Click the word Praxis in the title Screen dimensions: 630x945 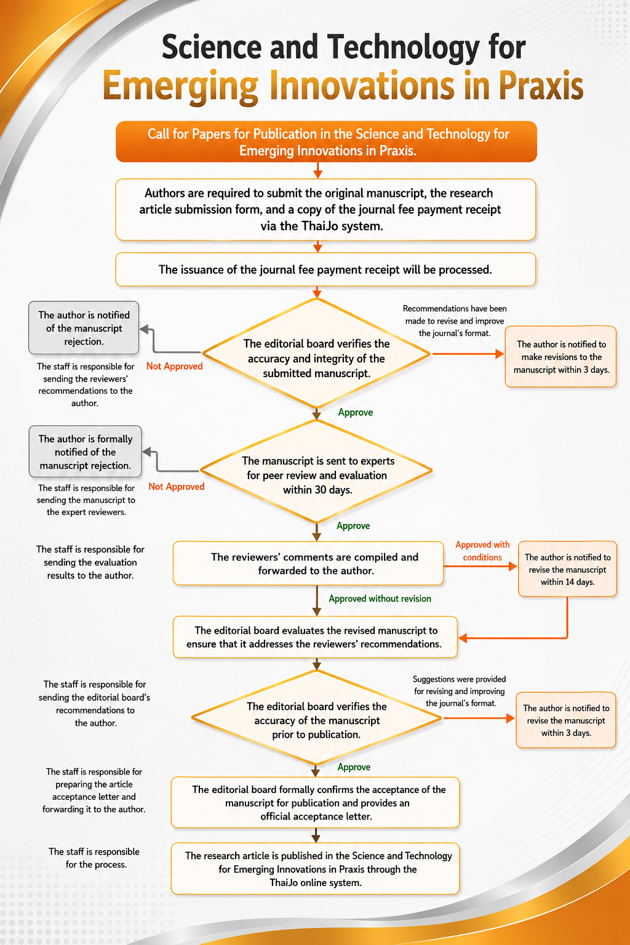coord(541,86)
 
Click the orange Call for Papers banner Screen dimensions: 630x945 coord(326,142)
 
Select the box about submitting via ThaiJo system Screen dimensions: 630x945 coord(325,210)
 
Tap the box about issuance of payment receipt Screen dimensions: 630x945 coord(325,269)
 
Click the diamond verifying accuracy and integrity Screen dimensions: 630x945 coord(316,354)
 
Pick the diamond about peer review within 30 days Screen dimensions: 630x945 coord(316,471)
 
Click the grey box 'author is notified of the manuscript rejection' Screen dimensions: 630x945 coord(84,328)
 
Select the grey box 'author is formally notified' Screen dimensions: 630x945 coord(86,452)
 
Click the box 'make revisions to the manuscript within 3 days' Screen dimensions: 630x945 coord(561,356)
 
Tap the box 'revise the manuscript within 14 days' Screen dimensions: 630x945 coord(567,568)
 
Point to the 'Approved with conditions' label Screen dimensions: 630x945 coord(482,551)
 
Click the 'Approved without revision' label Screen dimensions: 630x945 coord(380,599)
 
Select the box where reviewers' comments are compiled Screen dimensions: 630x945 coord(308,563)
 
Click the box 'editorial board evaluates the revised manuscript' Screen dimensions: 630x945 coord(315,637)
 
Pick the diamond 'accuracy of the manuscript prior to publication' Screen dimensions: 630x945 coord(316,718)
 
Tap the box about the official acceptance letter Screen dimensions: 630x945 coord(315,802)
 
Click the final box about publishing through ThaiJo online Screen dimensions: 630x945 coord(315,869)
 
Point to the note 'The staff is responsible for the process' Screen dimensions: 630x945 coord(95,858)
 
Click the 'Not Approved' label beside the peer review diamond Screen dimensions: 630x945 coord(177,487)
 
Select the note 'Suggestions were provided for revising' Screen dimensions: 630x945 coord(460,691)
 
